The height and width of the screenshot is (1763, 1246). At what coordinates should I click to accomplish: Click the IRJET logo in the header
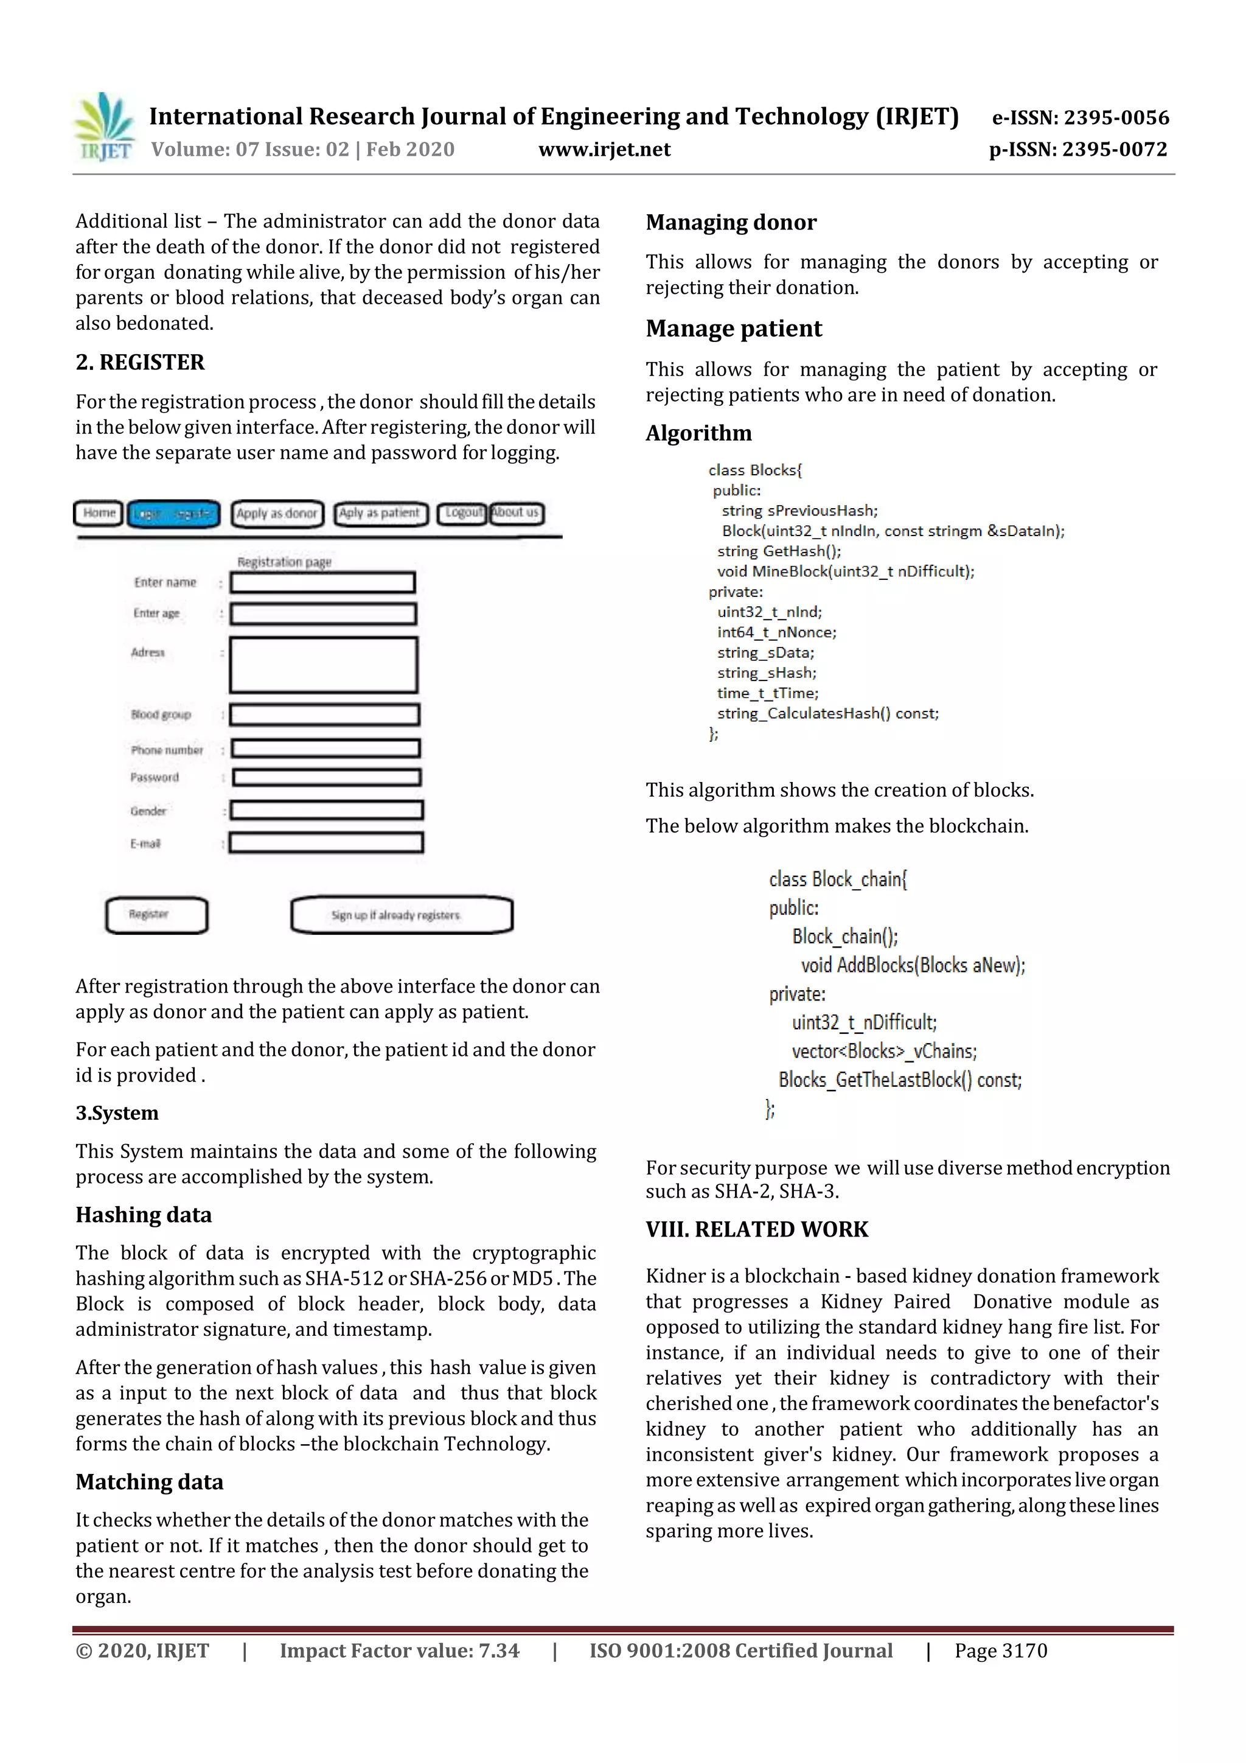[x=103, y=127]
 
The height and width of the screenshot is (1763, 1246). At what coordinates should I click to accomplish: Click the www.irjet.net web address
[x=604, y=150]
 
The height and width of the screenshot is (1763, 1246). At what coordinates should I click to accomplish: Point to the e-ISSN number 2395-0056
[x=1080, y=117]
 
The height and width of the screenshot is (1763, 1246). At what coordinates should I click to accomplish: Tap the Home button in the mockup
[x=99, y=513]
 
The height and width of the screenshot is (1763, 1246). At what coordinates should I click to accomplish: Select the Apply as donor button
[x=277, y=514]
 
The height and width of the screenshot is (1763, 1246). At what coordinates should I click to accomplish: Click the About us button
[x=516, y=512]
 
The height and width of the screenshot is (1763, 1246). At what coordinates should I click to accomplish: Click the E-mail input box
[x=325, y=843]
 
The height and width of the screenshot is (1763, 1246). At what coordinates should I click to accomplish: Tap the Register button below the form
[x=156, y=915]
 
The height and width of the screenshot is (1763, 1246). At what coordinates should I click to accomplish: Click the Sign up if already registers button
[x=401, y=915]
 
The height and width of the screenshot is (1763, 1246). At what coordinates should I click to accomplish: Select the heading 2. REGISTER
[x=140, y=363]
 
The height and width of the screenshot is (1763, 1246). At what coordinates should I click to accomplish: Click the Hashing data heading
[x=144, y=1215]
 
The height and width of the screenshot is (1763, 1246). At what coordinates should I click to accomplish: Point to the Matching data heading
[x=149, y=1482]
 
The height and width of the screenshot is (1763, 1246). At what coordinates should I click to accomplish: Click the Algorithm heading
[x=698, y=433]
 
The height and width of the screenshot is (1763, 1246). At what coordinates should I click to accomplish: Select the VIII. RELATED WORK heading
[x=756, y=1229]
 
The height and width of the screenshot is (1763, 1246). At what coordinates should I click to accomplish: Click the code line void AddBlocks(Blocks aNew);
[x=912, y=965]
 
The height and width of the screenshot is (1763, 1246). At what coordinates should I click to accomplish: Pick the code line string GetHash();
[x=779, y=551]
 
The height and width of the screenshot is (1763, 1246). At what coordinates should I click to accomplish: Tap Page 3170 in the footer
[x=1000, y=1651]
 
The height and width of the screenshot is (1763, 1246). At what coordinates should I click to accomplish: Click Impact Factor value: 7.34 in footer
[x=399, y=1651]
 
